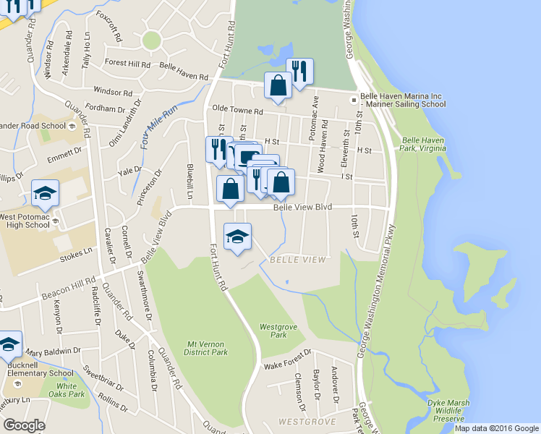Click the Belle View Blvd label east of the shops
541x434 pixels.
pyautogui.click(x=302, y=207)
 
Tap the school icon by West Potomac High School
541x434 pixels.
pyautogui.click(x=45, y=193)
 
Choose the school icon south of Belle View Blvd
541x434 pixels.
pyautogui.click(x=237, y=237)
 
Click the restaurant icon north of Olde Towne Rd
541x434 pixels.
pyautogui.click(x=299, y=71)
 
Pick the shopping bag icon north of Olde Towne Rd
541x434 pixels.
pyautogui.click(x=278, y=85)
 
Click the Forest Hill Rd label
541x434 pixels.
pyautogui.click(x=127, y=64)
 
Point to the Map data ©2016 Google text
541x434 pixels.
pyautogui.click(x=496, y=428)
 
